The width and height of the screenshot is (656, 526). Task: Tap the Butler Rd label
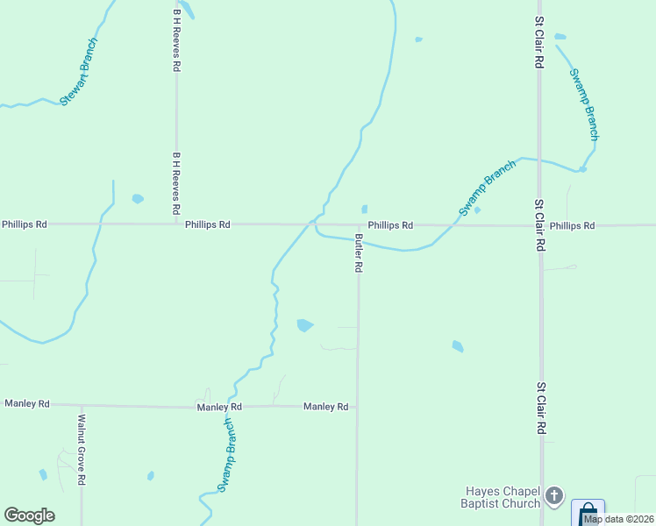click(359, 253)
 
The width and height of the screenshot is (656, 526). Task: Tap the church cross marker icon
click(553, 497)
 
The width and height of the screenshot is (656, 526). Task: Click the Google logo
click(29, 515)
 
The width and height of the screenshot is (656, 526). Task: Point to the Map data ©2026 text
click(619, 519)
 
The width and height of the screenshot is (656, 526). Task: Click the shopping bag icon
click(588, 512)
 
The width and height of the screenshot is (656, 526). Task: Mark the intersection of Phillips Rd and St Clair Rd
click(540, 225)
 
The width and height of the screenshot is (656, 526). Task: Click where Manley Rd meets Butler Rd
click(357, 407)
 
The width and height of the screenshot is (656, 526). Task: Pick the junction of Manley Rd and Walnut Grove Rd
click(82, 405)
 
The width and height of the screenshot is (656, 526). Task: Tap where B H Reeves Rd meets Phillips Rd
click(176, 224)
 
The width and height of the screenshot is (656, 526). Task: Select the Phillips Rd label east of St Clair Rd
click(572, 225)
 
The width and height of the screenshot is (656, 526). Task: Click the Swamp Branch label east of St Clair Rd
click(584, 104)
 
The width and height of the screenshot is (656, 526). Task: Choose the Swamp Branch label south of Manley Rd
click(226, 455)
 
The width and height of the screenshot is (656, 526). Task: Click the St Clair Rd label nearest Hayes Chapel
click(541, 409)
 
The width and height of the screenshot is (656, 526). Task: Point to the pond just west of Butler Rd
click(304, 325)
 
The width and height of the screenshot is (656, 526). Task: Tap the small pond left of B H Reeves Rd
click(138, 199)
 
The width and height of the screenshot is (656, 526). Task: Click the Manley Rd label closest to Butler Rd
click(326, 407)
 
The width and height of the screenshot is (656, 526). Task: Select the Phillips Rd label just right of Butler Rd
click(390, 225)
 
